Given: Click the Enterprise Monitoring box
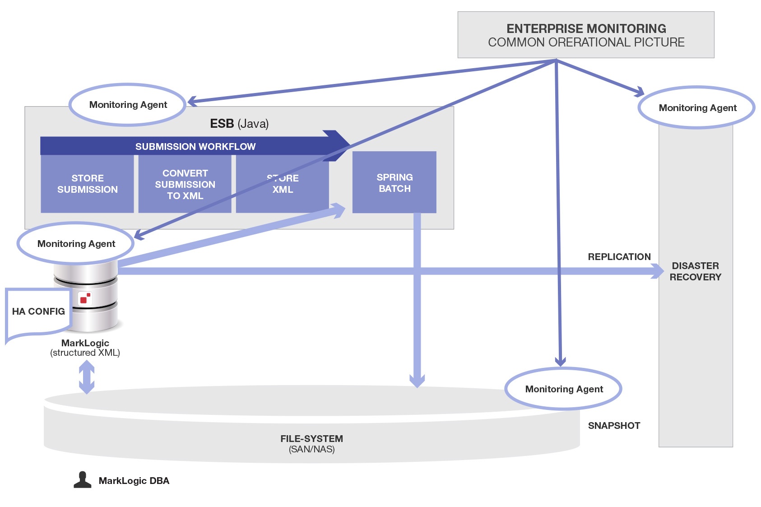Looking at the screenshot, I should pyautogui.click(x=585, y=35).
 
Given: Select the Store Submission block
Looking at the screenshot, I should pyautogui.click(x=87, y=184).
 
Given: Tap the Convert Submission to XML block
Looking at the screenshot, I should pyautogui.click(x=185, y=184).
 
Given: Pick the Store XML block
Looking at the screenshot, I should pyautogui.click(x=283, y=184).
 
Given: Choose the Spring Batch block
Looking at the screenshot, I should pyautogui.click(x=394, y=182).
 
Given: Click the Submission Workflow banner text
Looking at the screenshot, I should pyautogui.click(x=195, y=146).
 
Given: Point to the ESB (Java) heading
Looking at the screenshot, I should pyautogui.click(x=239, y=124).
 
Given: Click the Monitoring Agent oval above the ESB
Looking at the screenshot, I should pyautogui.click(x=128, y=105).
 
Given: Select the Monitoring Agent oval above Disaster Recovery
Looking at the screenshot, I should pyautogui.click(x=697, y=108).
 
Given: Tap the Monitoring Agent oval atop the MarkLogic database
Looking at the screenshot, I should pyautogui.click(x=76, y=244).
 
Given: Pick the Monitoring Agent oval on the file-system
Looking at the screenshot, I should pyautogui.click(x=563, y=389).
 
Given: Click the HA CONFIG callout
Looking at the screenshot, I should pyautogui.click(x=38, y=312).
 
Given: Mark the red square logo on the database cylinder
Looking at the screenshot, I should pyautogui.click(x=84, y=298).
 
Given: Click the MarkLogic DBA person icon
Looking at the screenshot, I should pyautogui.click(x=82, y=480).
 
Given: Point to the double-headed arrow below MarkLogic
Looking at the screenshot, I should pyautogui.click(x=87, y=378).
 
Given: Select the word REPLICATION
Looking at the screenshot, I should pyautogui.click(x=619, y=257).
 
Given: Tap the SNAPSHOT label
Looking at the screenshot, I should pyautogui.click(x=614, y=426).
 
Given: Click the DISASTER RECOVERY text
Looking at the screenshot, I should pyautogui.click(x=695, y=271).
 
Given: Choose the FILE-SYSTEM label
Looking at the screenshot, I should pyautogui.click(x=311, y=439).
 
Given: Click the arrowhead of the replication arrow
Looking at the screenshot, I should pyautogui.click(x=657, y=271).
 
